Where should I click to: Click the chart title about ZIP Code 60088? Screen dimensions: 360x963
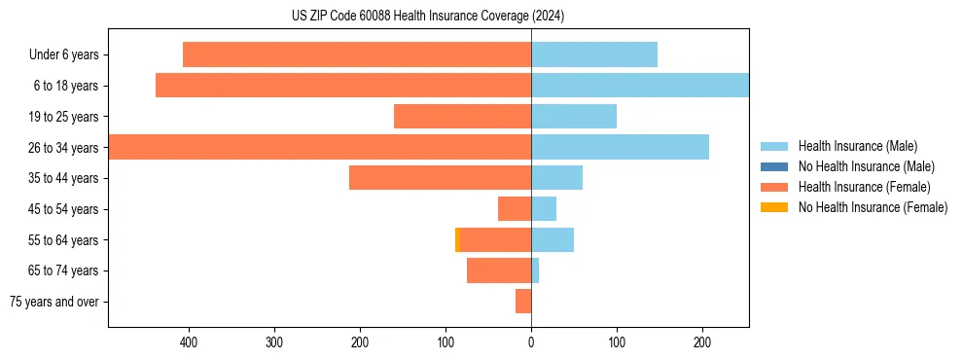coord(428,16)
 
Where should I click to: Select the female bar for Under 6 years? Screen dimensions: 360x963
coord(357,54)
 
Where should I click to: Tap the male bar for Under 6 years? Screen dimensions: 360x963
coord(594,54)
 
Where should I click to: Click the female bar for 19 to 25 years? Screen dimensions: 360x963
coord(462,117)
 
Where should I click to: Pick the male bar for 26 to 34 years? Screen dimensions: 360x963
coord(620,147)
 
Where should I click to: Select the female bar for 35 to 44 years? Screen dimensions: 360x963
coord(440,178)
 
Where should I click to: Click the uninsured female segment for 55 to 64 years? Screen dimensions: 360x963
coord(457,239)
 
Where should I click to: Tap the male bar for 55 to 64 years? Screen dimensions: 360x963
coord(553,239)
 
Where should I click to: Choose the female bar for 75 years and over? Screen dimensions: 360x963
coord(523,302)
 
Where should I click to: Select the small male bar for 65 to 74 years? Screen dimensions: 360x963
coord(535,270)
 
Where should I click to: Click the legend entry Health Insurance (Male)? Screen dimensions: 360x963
coord(857,146)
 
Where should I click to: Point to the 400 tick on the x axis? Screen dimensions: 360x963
coord(189,342)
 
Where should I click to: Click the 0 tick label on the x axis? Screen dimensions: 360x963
coord(531,342)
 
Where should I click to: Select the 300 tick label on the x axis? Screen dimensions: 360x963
coord(274,342)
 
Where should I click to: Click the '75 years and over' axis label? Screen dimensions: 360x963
coord(54,302)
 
